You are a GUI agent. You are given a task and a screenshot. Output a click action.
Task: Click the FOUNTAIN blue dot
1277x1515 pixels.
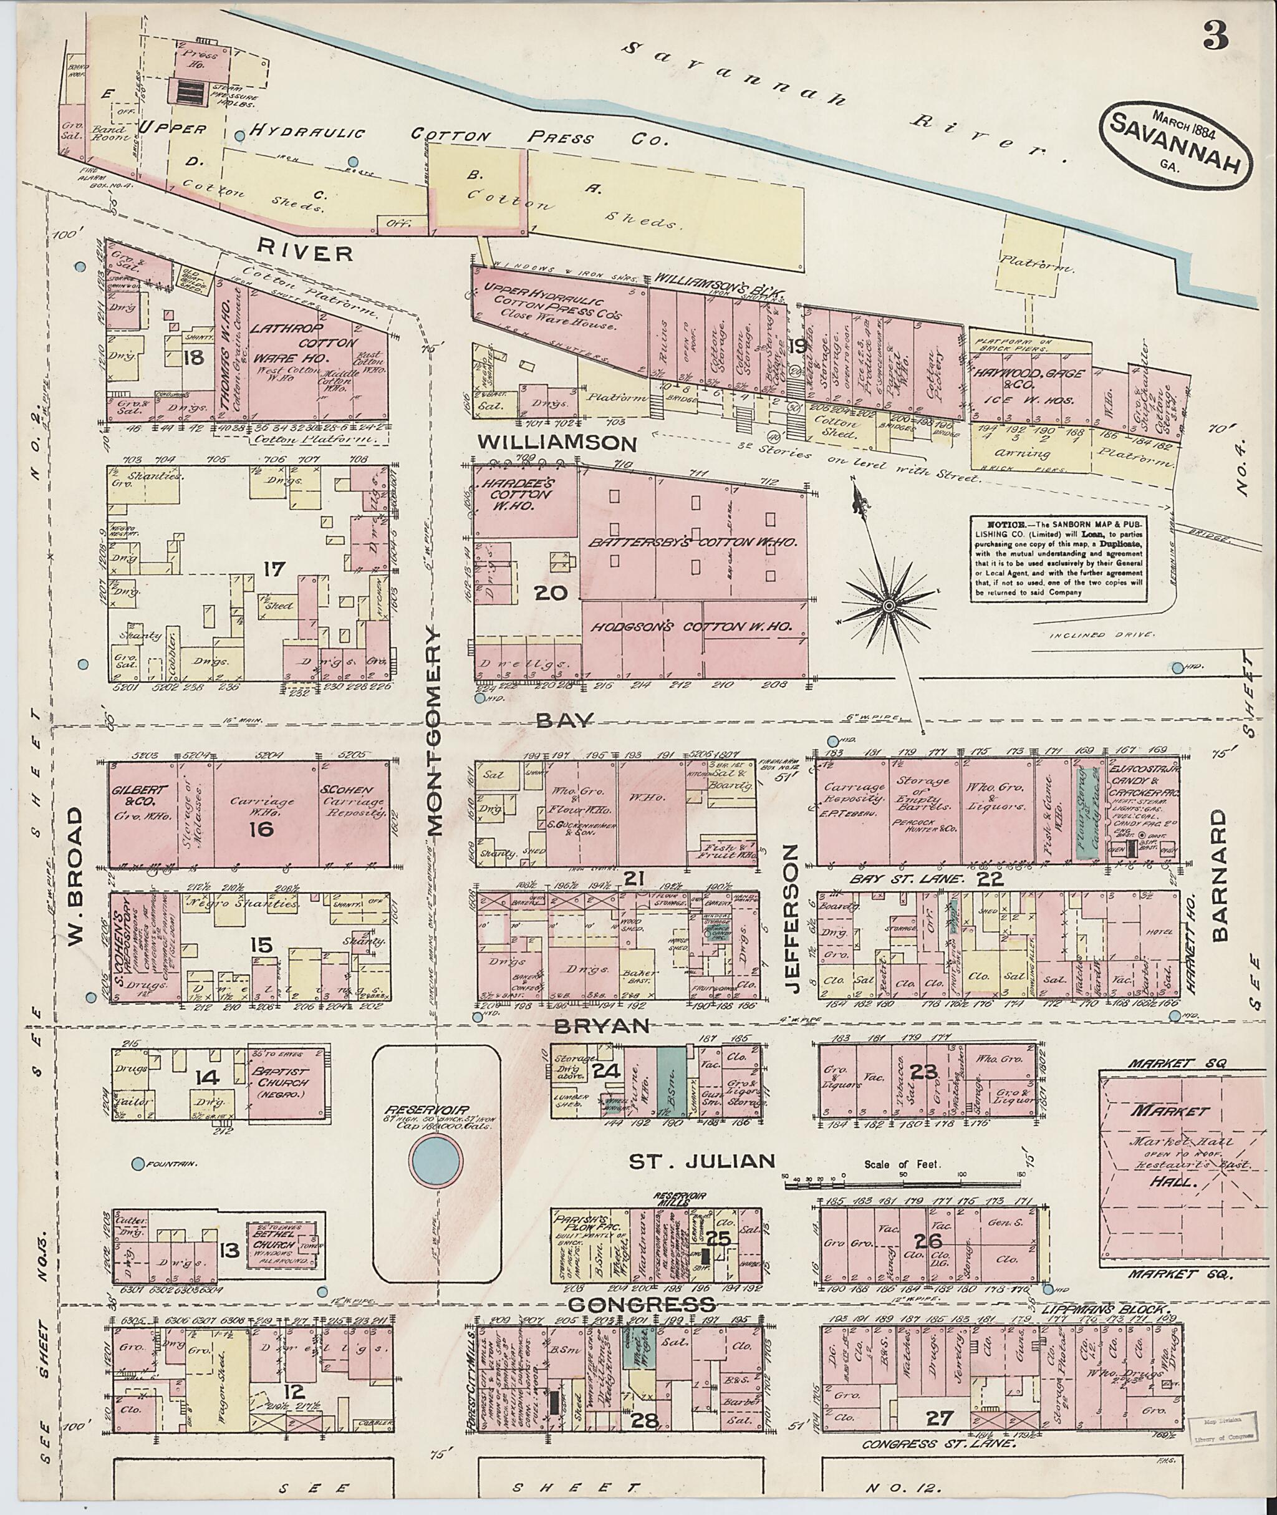(138, 1163)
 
